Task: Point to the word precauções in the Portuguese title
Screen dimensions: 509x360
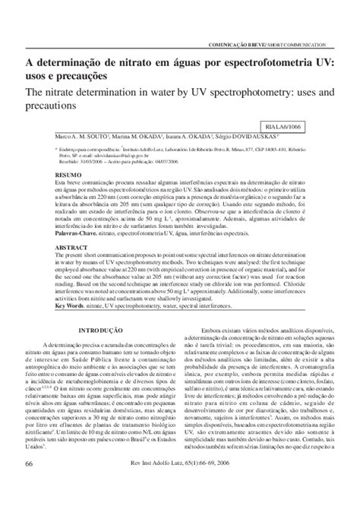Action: click(x=91, y=77)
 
